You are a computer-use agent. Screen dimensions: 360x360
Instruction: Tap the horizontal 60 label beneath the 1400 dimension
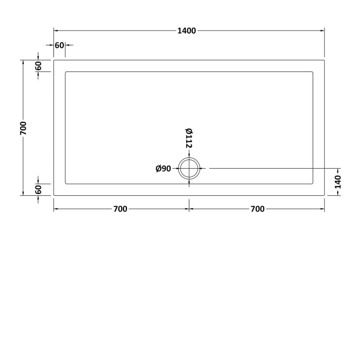pyautogui.click(x=59, y=45)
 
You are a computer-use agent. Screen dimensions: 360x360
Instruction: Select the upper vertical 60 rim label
pyautogui.click(x=39, y=66)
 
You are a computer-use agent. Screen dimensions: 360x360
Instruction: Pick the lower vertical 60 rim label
pyautogui.click(x=39, y=189)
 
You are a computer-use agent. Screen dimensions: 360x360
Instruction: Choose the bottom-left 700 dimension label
pyautogui.click(x=120, y=209)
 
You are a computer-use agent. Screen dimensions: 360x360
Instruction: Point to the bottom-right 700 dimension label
pyautogui.click(x=256, y=209)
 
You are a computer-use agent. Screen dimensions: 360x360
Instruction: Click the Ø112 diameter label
pyautogui.click(x=189, y=138)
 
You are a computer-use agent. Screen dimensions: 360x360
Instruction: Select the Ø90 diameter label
pyautogui.click(x=163, y=169)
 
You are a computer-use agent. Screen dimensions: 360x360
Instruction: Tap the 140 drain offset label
pyautogui.click(x=338, y=182)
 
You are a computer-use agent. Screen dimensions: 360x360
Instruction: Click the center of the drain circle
pyautogui.click(x=189, y=168)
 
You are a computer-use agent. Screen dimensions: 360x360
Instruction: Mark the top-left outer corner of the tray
pyautogui.click(x=54, y=60)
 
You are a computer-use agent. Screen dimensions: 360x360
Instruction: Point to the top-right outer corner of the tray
pyautogui.click(x=324, y=60)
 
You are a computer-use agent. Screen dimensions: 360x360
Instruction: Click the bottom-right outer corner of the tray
pyautogui.click(x=324, y=195)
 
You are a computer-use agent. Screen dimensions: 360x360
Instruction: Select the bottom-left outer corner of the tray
pyautogui.click(x=54, y=195)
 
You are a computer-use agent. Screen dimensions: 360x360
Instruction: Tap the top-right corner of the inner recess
pyautogui.click(x=313, y=71)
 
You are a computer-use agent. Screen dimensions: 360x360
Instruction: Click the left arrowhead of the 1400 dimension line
pyautogui.click(x=56, y=31)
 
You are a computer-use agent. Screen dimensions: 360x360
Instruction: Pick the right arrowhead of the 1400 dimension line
pyautogui.click(x=323, y=31)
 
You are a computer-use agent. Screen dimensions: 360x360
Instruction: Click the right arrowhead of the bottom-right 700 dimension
pyautogui.click(x=323, y=209)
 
